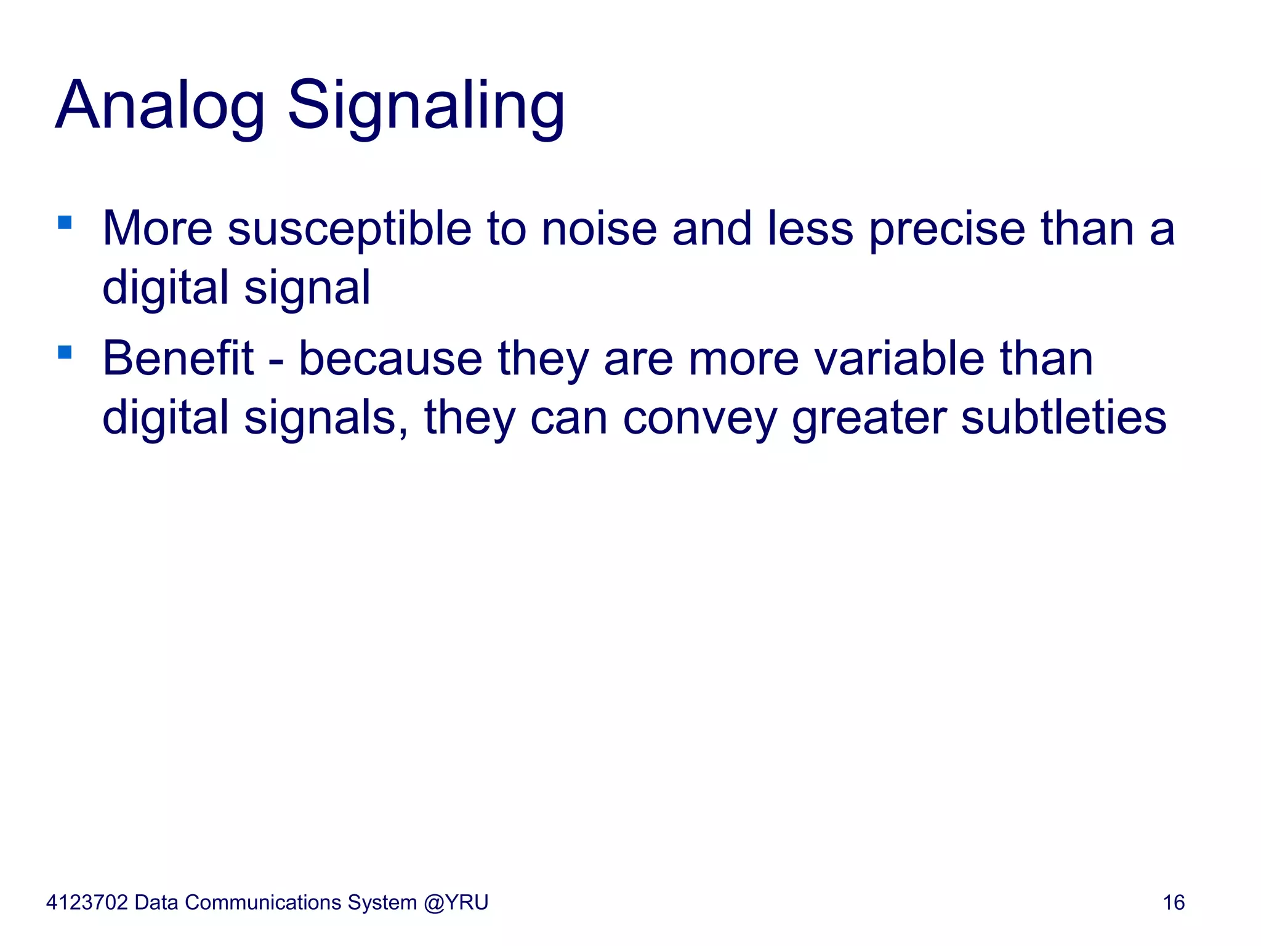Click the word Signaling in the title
click(x=425, y=106)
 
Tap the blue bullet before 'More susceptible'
click(x=65, y=222)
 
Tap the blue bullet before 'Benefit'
click(x=65, y=352)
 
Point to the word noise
click(x=598, y=230)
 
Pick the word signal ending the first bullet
click(x=307, y=288)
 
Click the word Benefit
click(x=177, y=358)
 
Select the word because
click(x=390, y=358)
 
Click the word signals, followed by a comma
click(x=326, y=418)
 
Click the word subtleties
click(x=1063, y=418)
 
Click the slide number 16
click(x=1174, y=903)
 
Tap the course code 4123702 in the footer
click(x=87, y=903)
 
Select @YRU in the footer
click(x=456, y=903)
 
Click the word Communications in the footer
click(x=263, y=903)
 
